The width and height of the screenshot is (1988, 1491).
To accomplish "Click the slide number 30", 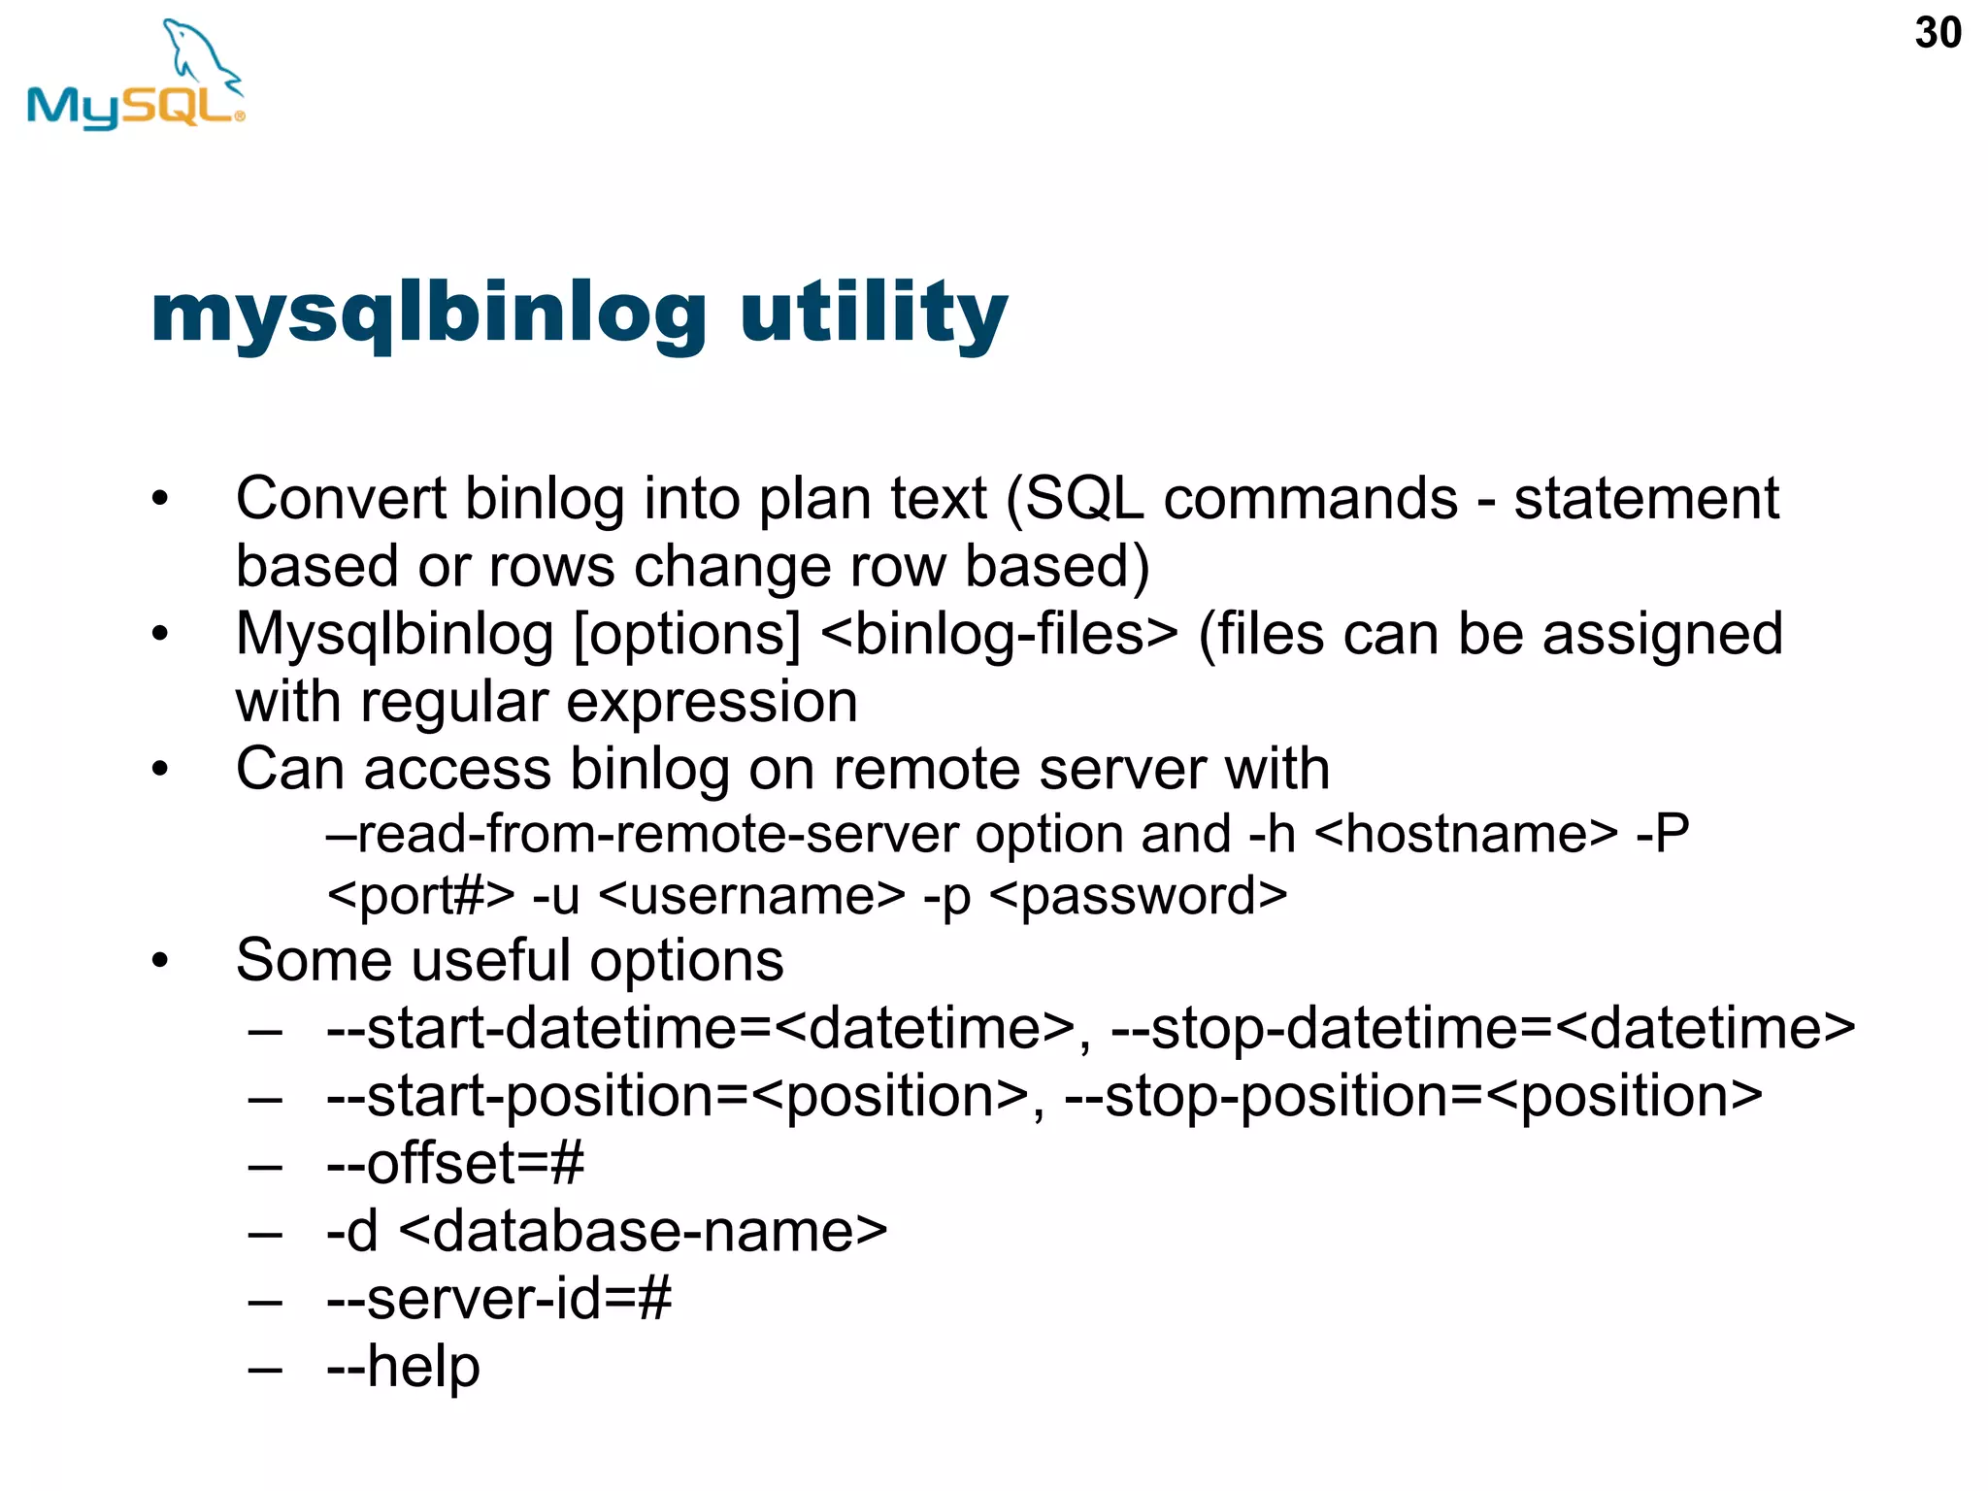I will tap(1938, 33).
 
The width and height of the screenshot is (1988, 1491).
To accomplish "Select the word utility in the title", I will tap(874, 313).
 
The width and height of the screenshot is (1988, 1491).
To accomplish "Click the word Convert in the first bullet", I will tap(341, 499).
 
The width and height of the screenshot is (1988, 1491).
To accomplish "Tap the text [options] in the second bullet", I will tap(687, 635).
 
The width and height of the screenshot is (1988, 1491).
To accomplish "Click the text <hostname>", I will tap(1466, 834).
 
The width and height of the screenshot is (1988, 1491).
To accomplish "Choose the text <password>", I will tap(1138, 896).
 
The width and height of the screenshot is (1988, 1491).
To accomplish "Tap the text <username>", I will tap(752, 896).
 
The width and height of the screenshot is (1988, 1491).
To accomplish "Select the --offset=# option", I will tap(455, 1163).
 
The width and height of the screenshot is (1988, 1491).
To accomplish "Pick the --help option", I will tap(403, 1367).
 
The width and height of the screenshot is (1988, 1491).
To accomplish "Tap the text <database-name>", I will tap(643, 1231).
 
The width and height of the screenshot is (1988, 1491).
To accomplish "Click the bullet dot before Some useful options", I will tap(160, 962).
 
